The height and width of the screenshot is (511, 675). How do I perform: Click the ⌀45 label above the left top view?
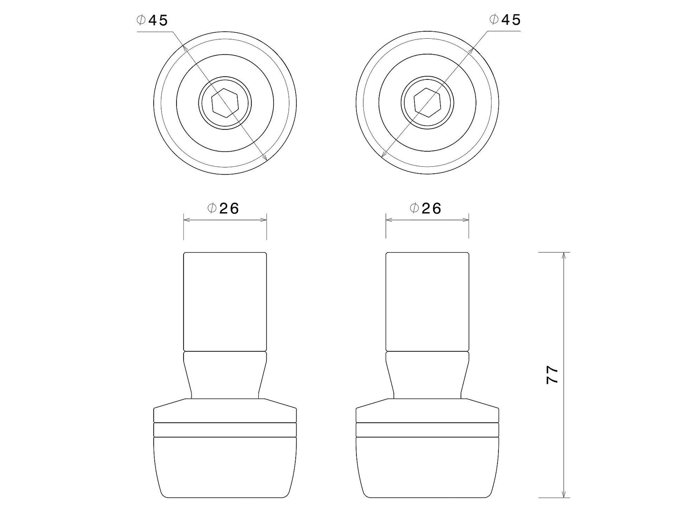(x=152, y=20)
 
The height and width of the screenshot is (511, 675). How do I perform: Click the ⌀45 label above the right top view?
(x=504, y=20)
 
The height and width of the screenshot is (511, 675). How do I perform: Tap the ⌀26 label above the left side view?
(x=223, y=208)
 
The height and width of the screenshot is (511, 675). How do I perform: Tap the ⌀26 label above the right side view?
(x=425, y=208)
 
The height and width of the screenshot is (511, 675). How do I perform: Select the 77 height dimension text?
(x=552, y=375)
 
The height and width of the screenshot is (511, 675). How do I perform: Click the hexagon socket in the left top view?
(x=225, y=103)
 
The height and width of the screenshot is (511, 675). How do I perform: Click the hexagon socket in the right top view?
(x=427, y=102)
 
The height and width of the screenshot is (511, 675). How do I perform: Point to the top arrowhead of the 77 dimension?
(x=563, y=256)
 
